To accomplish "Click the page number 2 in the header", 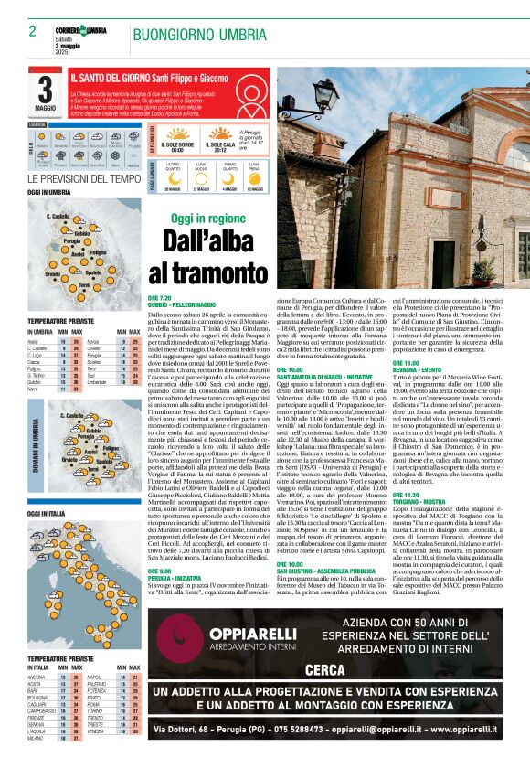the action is [32, 31].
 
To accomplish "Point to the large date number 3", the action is [45, 91].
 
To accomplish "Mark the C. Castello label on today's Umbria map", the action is [58, 216].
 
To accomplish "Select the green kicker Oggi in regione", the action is [208, 219].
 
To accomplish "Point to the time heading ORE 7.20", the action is [160, 298].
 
